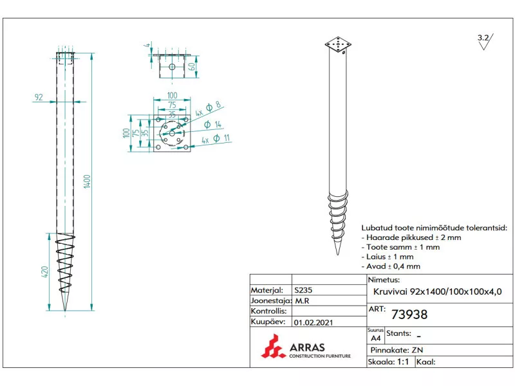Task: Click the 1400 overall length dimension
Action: point(87,181)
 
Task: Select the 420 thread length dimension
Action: point(44,271)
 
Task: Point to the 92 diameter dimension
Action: point(39,97)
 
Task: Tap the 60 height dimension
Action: point(192,67)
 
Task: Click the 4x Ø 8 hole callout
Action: point(208,109)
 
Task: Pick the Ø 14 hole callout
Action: point(213,124)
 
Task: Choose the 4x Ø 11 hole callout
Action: point(216,139)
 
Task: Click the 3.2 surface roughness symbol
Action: point(485,42)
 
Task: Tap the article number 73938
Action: point(409,315)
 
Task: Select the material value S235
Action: point(303,290)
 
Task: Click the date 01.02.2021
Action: point(314,322)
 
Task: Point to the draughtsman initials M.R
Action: point(302,300)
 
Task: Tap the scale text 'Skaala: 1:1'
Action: point(388,362)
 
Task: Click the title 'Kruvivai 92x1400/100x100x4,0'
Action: point(438,291)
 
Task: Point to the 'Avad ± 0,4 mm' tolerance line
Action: point(391,266)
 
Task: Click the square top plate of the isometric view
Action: point(338,44)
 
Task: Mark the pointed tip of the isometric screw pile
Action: point(337,255)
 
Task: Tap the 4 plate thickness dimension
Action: point(148,44)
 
